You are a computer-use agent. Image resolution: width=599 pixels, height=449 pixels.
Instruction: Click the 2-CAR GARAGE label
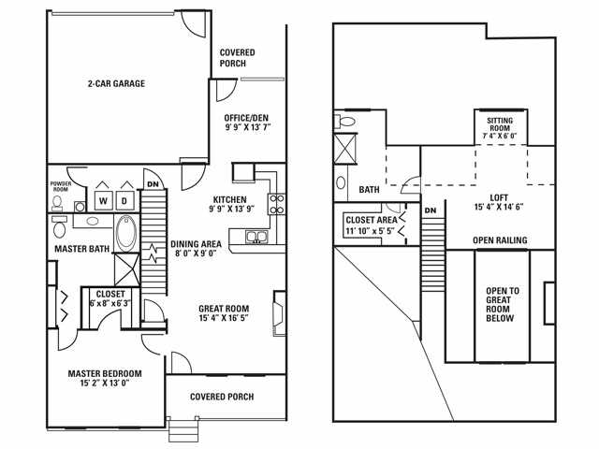pos(117,82)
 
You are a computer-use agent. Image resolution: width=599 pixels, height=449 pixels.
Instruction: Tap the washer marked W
pos(101,201)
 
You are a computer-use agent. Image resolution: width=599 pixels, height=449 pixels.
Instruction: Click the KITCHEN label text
pos(228,199)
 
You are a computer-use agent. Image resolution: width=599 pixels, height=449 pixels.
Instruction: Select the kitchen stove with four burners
pos(277,203)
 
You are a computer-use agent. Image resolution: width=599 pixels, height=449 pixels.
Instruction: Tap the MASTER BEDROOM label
pos(104,373)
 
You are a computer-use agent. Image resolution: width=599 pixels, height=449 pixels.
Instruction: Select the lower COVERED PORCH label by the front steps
pos(223,396)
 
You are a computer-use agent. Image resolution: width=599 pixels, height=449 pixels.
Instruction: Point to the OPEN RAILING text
pos(499,240)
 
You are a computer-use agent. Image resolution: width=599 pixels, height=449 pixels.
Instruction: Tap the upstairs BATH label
pos(370,190)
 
